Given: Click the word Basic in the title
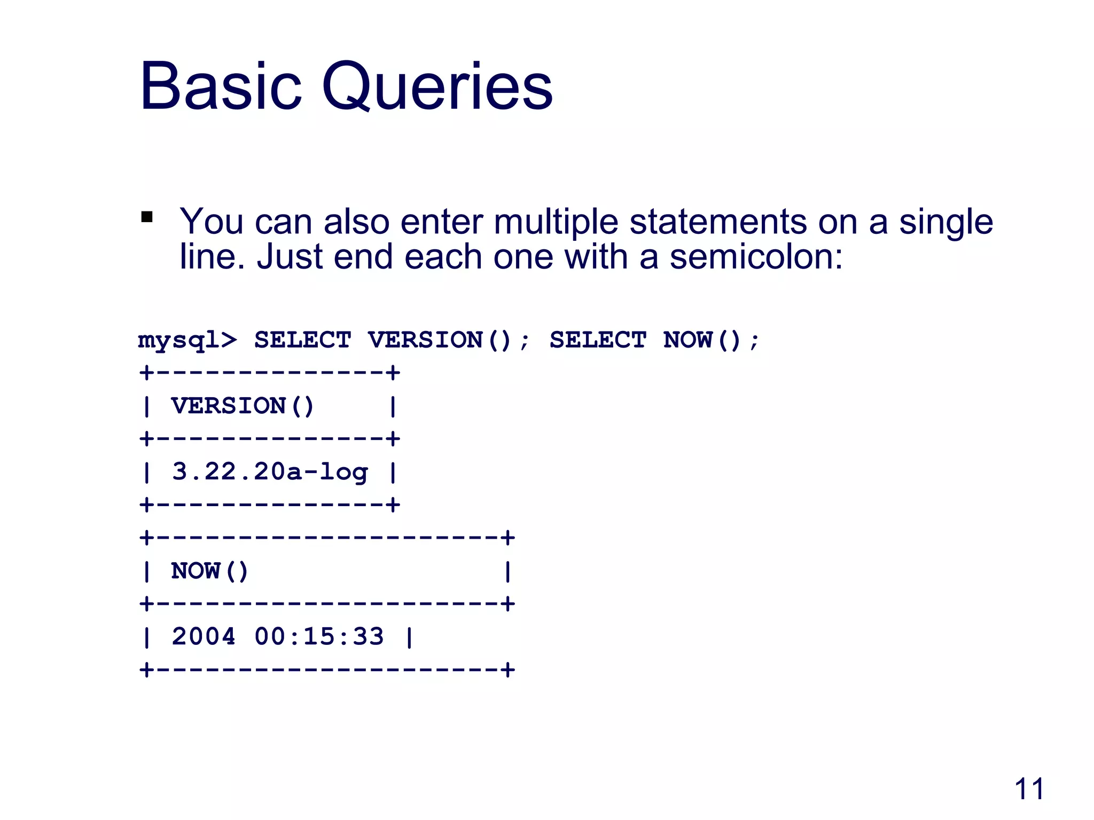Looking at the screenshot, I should pos(221,86).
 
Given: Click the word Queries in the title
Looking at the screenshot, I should pos(437,86).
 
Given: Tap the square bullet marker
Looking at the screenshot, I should pos(147,217).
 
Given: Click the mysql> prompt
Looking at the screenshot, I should pos(187,340).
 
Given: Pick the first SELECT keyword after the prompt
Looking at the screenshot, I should pos(302,340).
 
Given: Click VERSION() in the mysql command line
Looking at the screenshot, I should pos(440,340).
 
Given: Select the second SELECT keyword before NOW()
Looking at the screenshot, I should pos(598,340).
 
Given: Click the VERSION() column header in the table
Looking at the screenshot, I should pos(243,406).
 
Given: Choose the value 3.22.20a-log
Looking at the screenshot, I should pos(270,472).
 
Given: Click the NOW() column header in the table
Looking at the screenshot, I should pos(209,571).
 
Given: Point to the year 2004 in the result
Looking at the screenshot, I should pos(204,637).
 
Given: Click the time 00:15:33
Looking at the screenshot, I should pos(319,637).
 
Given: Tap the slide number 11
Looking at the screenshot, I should pos(1029,789).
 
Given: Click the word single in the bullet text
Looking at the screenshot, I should pos(945,222).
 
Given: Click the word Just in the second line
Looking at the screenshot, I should pos(290,257).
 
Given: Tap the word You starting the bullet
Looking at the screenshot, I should pos(211,222).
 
